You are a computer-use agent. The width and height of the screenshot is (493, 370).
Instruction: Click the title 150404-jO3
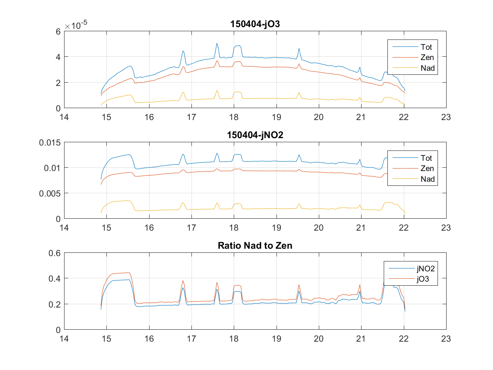255,25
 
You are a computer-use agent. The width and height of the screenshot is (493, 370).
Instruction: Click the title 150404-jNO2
255,136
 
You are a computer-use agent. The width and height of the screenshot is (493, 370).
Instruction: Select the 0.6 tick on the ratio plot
55,253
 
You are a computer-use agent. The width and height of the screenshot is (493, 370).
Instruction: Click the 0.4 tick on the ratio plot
55,279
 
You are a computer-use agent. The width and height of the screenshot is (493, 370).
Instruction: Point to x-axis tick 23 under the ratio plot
446,339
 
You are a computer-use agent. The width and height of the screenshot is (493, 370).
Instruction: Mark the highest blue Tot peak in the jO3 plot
217,43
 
